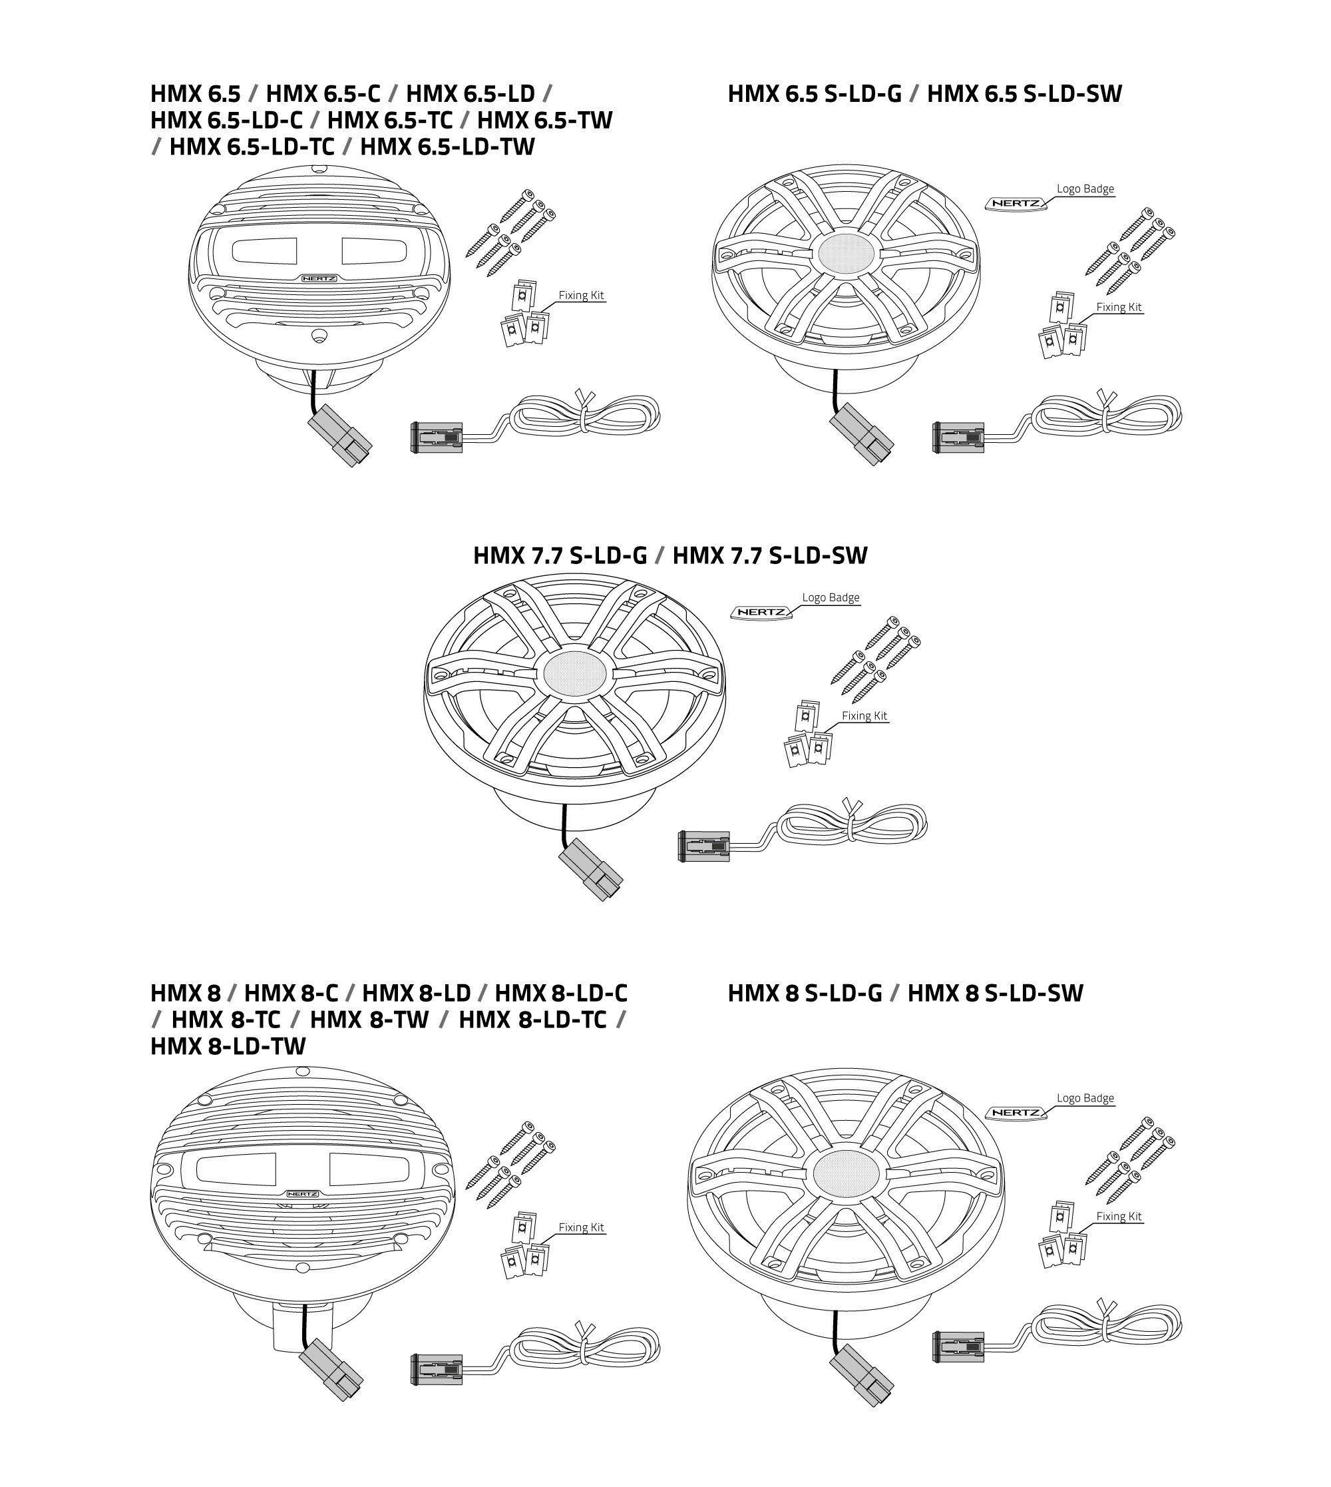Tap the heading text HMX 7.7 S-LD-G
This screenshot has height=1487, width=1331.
(560, 555)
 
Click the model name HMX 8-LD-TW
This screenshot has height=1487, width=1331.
(228, 1046)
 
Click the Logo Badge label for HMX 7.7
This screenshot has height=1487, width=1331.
(830, 598)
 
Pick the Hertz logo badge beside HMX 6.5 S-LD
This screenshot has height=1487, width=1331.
(1016, 203)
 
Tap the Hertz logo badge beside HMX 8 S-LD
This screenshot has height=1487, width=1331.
(1016, 1113)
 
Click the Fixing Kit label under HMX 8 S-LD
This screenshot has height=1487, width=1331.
(1118, 1217)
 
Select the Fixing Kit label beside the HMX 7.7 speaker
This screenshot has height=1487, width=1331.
(864, 716)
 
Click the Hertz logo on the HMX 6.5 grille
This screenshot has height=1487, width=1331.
(319, 279)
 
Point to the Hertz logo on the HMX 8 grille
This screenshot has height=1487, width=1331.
(301, 1193)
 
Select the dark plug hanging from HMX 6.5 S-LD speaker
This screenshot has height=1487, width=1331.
(862, 435)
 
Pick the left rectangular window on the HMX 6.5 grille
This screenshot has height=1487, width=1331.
(264, 251)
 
